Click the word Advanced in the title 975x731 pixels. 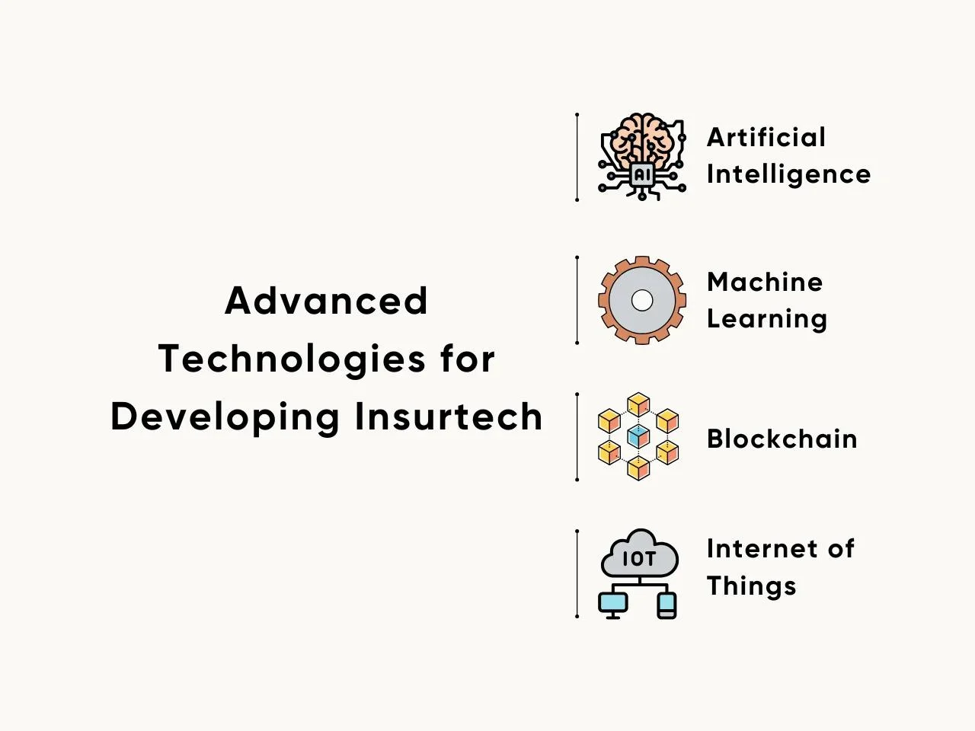[x=327, y=301]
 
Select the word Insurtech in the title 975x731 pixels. [x=449, y=417]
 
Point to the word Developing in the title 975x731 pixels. [x=225, y=417]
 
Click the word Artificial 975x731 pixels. [x=766, y=137]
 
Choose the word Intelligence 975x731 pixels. [x=789, y=174]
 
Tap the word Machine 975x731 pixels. [x=765, y=283]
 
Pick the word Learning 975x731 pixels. [x=767, y=319]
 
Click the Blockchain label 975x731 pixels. [x=782, y=439]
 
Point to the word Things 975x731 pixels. [x=752, y=586]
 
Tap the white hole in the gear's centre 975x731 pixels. [x=642, y=301]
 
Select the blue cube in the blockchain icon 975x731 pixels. [x=639, y=436]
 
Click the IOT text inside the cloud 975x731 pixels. [x=639, y=559]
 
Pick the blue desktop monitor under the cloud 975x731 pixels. [x=613, y=605]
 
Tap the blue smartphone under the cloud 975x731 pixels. [x=667, y=605]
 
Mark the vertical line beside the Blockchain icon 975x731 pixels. [x=577, y=436]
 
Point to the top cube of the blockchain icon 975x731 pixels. [x=639, y=404]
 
